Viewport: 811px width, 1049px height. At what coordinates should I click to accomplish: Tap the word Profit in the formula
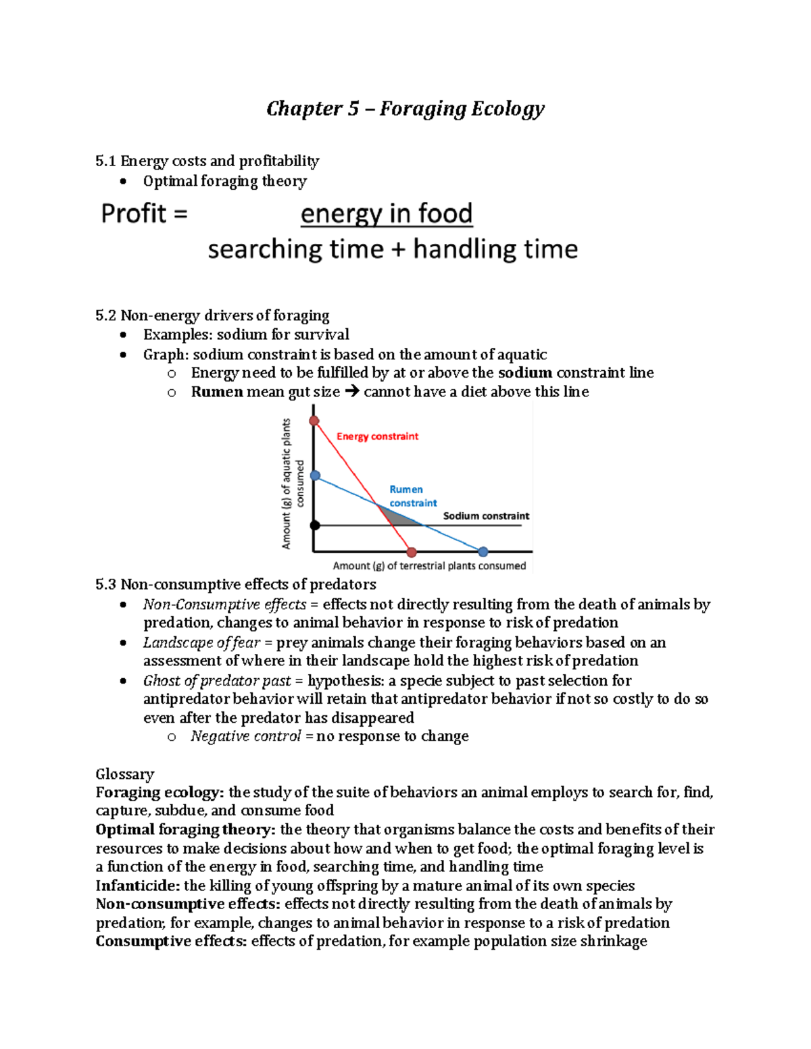134,213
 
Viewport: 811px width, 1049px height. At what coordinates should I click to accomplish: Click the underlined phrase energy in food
386,213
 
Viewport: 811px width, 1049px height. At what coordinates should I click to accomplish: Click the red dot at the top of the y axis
314,421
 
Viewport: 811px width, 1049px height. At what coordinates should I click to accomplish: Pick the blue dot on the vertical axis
315,476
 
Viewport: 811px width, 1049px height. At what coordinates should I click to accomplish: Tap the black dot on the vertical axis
315,525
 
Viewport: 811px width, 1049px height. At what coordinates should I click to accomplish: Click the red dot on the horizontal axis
412,552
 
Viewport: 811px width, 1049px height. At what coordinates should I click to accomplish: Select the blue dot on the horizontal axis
483,552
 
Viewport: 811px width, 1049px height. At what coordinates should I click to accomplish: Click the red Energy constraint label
377,436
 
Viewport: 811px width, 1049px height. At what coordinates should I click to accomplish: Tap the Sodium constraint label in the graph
486,516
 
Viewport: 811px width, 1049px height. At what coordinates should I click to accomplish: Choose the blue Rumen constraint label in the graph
412,496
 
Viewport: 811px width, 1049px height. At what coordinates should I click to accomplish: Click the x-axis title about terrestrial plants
429,566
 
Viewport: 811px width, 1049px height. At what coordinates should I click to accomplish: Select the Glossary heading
125,774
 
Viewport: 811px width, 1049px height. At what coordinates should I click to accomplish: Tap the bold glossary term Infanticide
137,886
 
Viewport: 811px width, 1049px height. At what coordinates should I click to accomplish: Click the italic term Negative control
245,736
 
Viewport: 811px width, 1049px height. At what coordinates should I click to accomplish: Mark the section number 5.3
106,584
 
